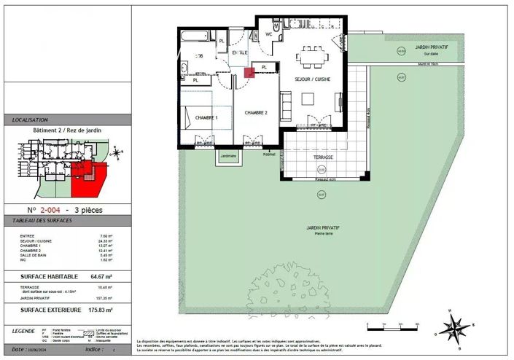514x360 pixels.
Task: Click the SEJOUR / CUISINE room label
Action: [317, 79]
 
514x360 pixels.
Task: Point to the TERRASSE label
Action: [324, 157]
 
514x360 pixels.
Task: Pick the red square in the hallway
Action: [249, 72]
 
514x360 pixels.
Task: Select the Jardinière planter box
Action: [227, 157]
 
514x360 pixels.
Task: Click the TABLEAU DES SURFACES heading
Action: [39, 220]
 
